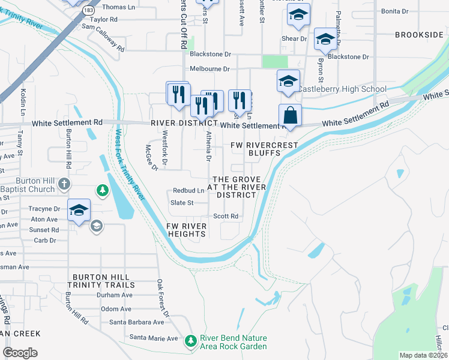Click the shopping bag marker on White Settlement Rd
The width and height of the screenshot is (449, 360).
(290, 115)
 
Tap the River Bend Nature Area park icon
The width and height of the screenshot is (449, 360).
(191, 341)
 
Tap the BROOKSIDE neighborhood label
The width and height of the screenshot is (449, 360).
(419, 35)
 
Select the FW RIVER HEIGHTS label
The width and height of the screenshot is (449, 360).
(187, 230)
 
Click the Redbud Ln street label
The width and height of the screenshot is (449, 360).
(188, 190)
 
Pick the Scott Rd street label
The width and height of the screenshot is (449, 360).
(226, 216)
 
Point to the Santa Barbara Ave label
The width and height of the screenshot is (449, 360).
(134, 322)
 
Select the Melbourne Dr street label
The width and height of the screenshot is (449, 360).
(210, 70)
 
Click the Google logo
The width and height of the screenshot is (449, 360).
(20, 353)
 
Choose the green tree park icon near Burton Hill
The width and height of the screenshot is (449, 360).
(103, 190)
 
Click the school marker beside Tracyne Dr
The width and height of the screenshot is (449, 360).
(79, 209)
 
